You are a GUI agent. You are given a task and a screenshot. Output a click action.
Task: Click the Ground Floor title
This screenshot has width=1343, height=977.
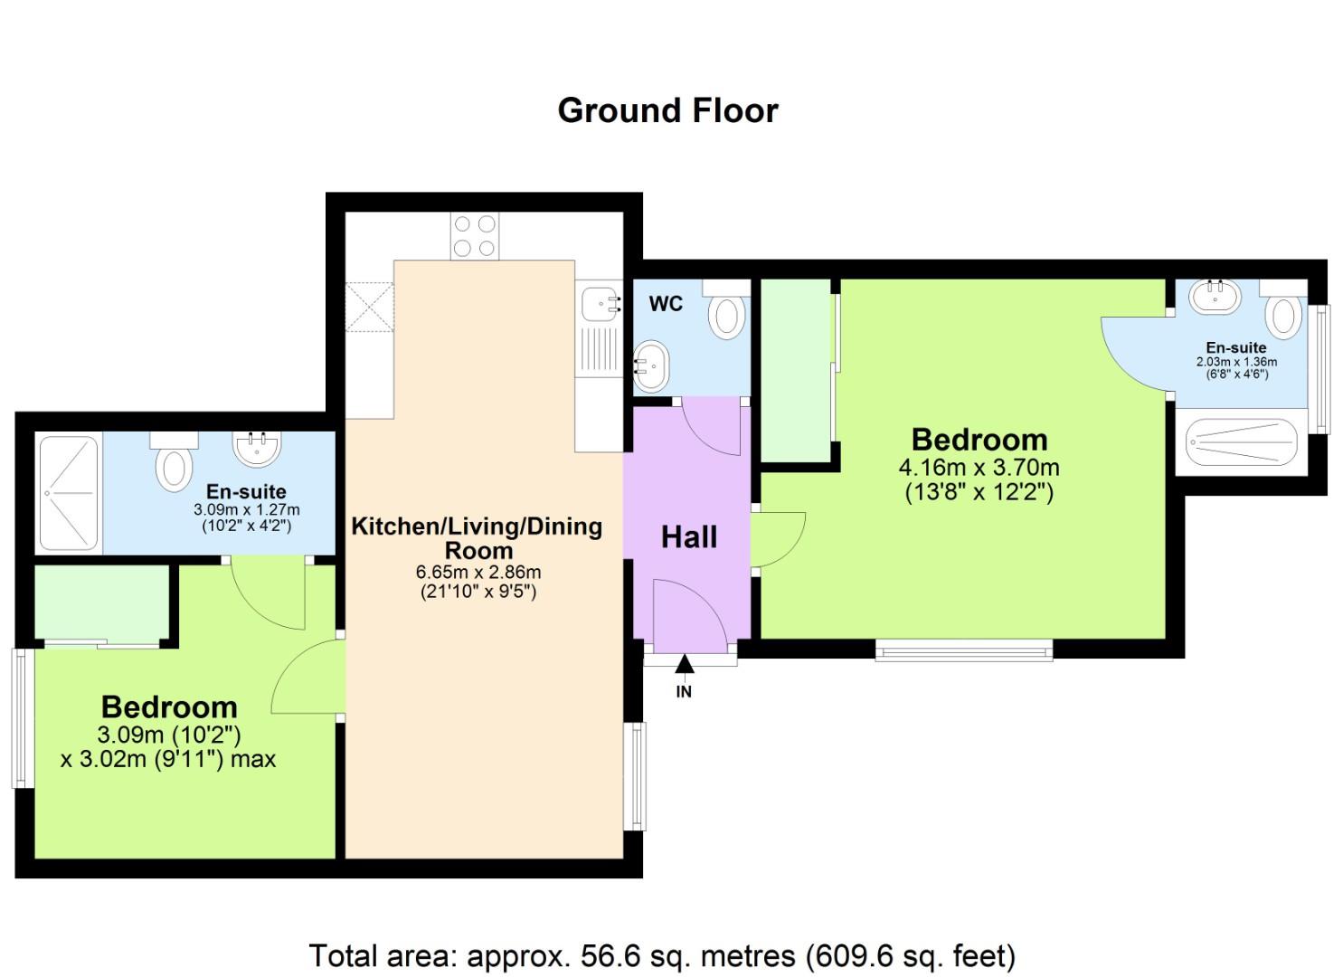[x=667, y=110]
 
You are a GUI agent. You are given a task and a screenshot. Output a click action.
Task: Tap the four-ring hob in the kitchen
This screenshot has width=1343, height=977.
[x=475, y=235]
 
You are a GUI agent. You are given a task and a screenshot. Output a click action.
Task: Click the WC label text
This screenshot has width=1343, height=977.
[x=666, y=304]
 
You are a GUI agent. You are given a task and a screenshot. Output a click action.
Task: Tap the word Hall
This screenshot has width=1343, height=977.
[x=688, y=537]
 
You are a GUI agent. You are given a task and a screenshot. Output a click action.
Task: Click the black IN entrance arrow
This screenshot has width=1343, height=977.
[x=685, y=666]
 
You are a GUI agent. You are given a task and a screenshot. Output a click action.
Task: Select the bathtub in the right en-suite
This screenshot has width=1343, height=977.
[x=1241, y=442]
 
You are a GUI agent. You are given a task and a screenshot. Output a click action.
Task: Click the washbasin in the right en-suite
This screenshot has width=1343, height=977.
[x=1215, y=296]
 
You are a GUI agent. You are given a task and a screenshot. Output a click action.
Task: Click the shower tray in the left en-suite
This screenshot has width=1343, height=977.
[x=69, y=493]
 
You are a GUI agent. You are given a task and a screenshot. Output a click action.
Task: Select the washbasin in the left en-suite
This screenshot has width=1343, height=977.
[x=258, y=447]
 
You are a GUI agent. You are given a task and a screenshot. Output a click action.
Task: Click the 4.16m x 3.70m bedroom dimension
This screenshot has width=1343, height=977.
[x=979, y=468]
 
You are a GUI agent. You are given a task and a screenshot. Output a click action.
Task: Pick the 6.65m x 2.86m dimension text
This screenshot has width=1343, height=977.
[x=478, y=572]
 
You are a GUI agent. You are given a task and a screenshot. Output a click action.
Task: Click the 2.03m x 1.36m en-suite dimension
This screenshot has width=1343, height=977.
[x=1236, y=362]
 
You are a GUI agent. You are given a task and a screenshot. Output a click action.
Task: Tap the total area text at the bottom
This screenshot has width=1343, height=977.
[x=662, y=955]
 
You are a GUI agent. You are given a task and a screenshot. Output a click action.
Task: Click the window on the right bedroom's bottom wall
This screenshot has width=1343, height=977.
[x=964, y=649]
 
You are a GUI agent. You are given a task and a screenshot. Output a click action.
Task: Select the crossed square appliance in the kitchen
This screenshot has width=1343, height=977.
[x=370, y=308]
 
